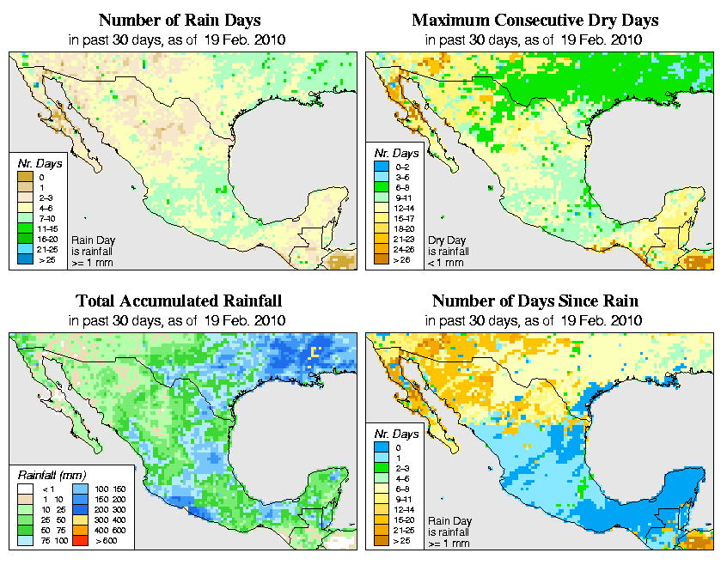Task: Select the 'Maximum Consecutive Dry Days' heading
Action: coord(535,20)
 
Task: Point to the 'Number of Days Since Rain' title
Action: coord(535,301)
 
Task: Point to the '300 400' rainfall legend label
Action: coord(111,520)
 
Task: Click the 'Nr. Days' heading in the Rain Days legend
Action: coord(35,163)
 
